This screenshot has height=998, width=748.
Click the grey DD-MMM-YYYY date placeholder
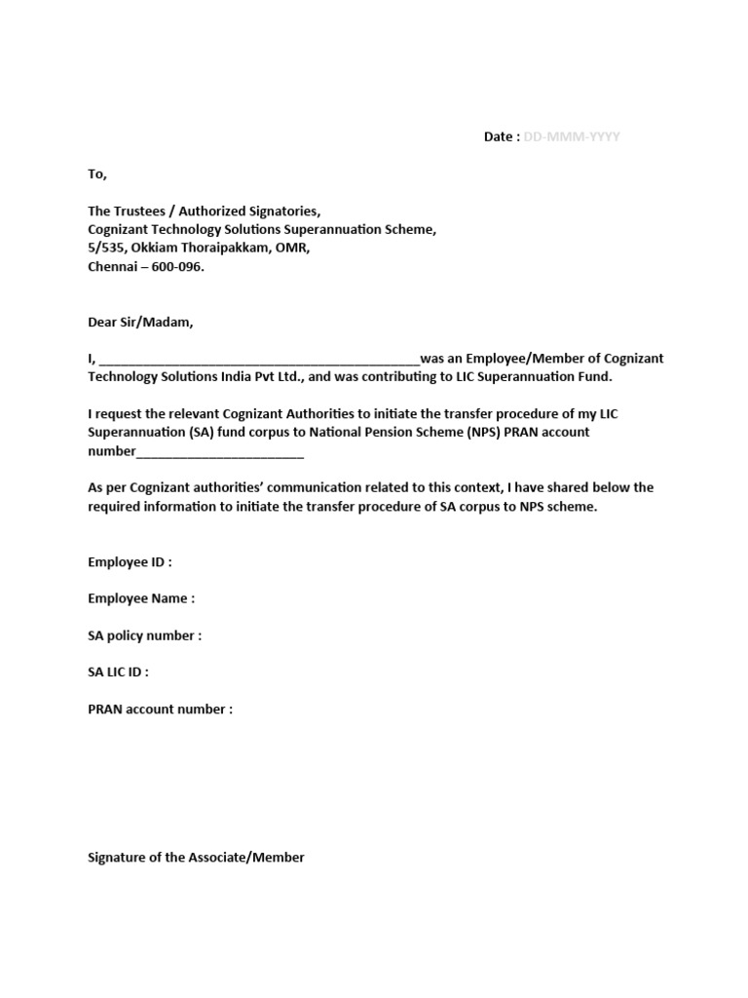pyautogui.click(x=572, y=137)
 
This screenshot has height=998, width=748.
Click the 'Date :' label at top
pyautogui.click(x=502, y=137)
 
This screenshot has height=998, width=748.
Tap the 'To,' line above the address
pyautogui.click(x=97, y=174)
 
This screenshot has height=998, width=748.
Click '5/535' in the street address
pyautogui.click(x=104, y=249)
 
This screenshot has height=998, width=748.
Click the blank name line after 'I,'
pyautogui.click(x=259, y=360)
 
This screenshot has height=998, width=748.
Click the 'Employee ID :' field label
pyautogui.click(x=130, y=562)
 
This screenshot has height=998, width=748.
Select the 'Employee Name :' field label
pyautogui.click(x=141, y=599)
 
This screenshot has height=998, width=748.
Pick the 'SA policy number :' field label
pyautogui.click(x=145, y=636)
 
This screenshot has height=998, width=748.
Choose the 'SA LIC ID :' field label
pyautogui.click(x=118, y=672)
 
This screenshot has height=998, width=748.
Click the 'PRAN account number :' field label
pyautogui.click(x=161, y=710)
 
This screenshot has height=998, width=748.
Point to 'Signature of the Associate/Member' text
pyautogui.click(x=196, y=858)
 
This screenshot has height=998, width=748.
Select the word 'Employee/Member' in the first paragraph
pyautogui.click(x=527, y=360)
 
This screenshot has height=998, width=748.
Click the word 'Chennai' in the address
pyautogui.click(x=112, y=267)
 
